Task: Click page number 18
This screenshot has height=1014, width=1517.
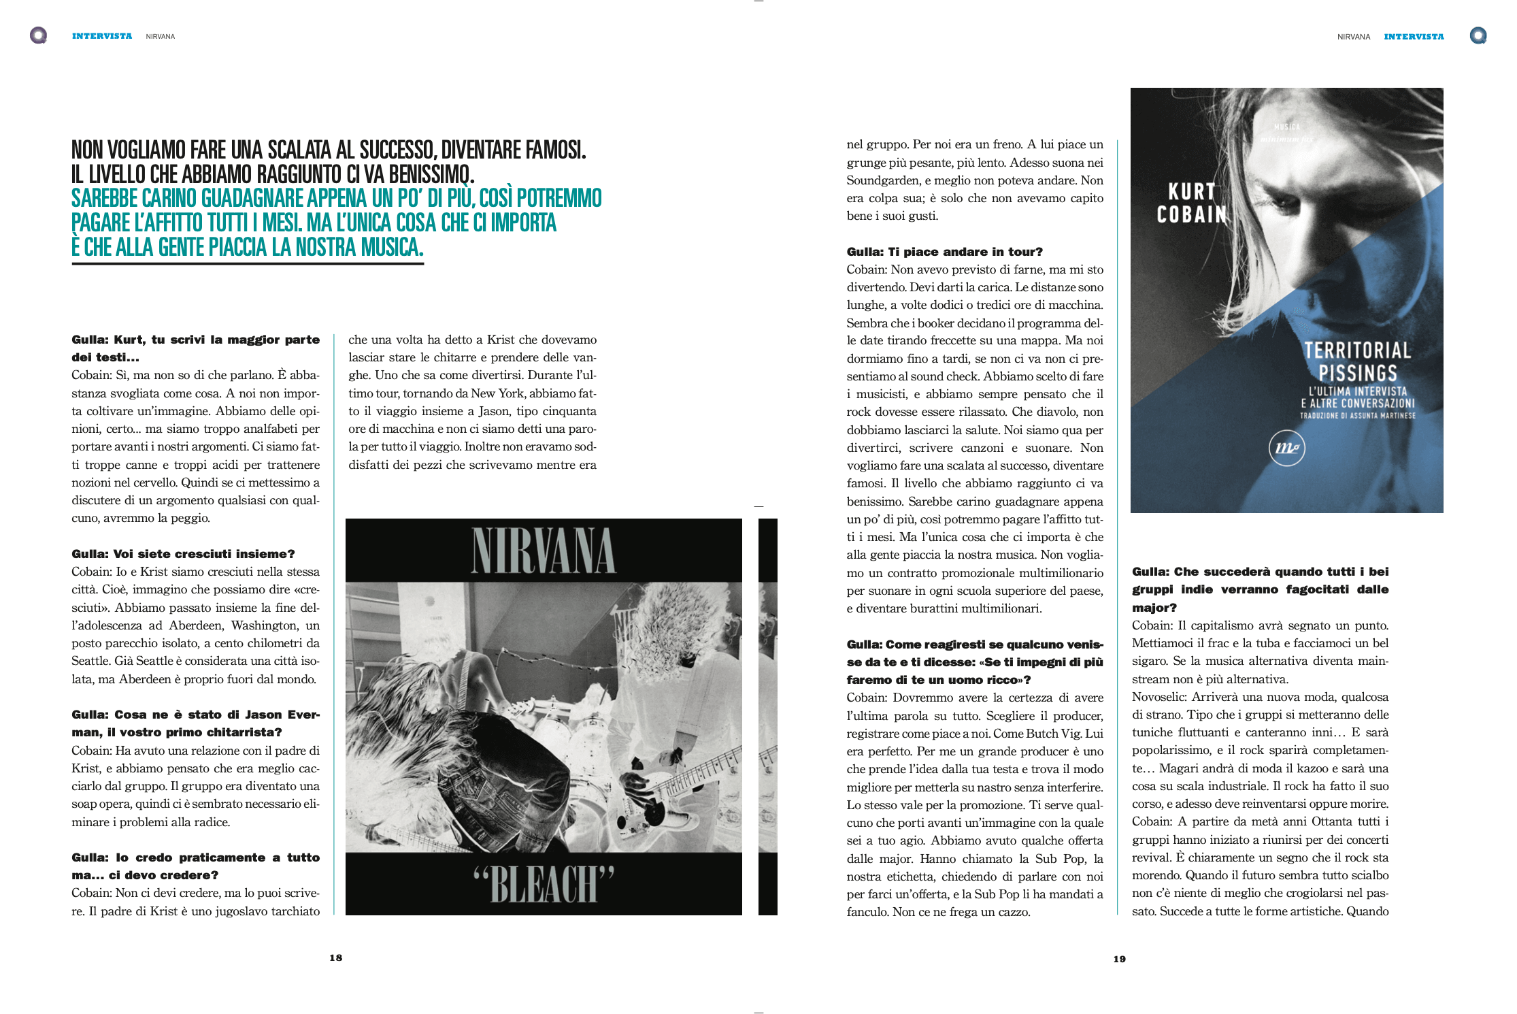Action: point(336,958)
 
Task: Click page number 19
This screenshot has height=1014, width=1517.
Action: point(1119,959)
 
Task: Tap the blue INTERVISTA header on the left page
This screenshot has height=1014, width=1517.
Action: point(102,36)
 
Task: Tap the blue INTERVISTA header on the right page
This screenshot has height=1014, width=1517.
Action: point(1414,37)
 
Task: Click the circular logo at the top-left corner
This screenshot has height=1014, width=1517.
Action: point(39,35)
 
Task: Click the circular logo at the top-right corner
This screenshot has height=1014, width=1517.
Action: point(1478,35)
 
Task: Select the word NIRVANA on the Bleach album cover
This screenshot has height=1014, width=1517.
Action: point(544,551)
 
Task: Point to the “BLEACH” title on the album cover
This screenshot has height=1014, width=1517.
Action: point(544,884)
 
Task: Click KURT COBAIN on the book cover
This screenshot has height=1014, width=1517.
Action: point(1191,203)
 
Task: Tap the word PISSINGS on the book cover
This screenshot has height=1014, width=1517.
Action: point(1358,373)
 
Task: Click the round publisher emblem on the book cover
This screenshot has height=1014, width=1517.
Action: point(1286,448)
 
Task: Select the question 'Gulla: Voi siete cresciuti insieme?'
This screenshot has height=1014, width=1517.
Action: point(183,554)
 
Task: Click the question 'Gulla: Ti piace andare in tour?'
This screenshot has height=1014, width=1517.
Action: point(944,252)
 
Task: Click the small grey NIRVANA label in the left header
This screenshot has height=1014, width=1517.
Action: point(161,37)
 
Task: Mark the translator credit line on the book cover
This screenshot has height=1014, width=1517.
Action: point(1357,415)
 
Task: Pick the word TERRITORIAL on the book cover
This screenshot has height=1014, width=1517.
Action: point(1357,350)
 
